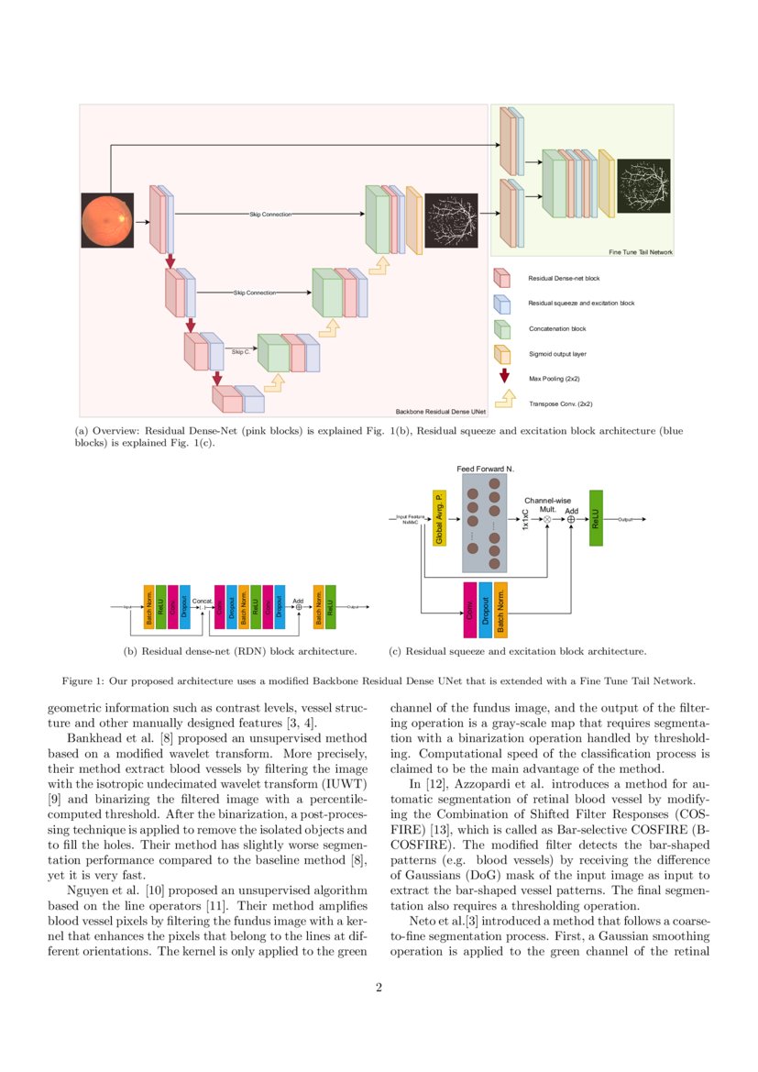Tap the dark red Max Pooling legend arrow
pos(503,376)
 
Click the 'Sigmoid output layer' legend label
pos(558,352)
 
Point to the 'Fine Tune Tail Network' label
pos(641,251)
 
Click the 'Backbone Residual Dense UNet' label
pos(439,412)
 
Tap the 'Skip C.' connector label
pos(240,351)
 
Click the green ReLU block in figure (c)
pos(596,518)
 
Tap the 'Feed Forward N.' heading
pos(485,469)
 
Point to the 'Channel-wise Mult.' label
pos(547,503)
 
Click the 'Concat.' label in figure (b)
pos(203,601)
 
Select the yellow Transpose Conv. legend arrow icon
pos(503,400)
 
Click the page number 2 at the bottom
pos(379,988)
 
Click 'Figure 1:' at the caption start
pos(83,681)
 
